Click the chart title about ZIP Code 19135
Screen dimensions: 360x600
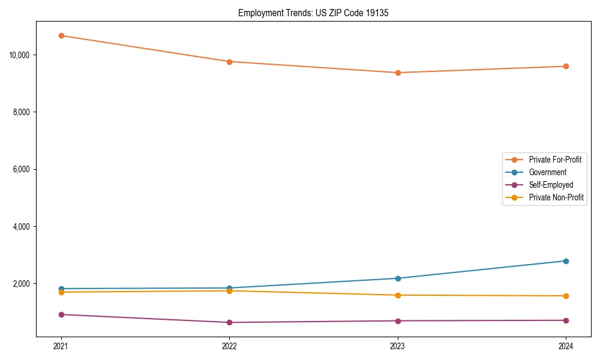(313, 13)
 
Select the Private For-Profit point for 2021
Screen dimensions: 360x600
(61, 35)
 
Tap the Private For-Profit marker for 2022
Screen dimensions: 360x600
(229, 62)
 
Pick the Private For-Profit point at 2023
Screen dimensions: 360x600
(398, 73)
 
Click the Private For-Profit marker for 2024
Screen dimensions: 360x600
(566, 66)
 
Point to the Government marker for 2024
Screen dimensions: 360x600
(566, 261)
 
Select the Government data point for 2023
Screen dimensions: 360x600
(398, 278)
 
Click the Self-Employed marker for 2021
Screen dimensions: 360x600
(61, 314)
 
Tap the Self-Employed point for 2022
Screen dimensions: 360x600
(229, 322)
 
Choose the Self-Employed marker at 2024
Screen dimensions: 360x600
(566, 320)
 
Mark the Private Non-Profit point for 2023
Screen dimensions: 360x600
(398, 295)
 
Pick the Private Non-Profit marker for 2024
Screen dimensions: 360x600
(566, 296)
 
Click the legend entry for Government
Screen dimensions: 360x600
(547, 172)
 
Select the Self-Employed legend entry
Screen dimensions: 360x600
(551, 185)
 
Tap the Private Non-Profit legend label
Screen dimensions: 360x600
(556, 197)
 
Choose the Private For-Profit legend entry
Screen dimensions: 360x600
(555, 160)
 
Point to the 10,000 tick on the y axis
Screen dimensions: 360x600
(20, 55)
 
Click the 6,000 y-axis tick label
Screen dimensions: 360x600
(22, 169)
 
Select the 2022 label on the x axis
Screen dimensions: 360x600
(229, 346)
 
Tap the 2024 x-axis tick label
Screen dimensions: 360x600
(566, 346)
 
